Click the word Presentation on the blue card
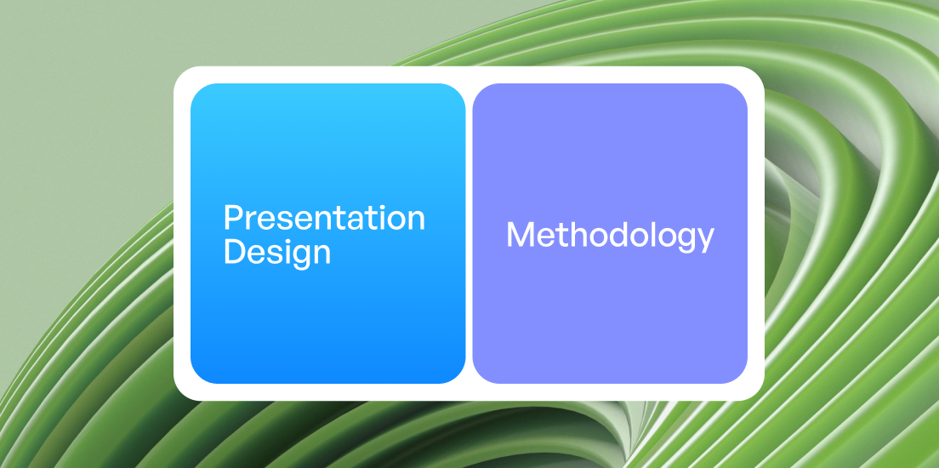324,218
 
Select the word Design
276,252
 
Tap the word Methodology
610,236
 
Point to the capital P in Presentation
232,218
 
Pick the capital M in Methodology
519,235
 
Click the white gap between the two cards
469,233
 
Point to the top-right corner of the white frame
759,72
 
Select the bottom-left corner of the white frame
179,395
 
